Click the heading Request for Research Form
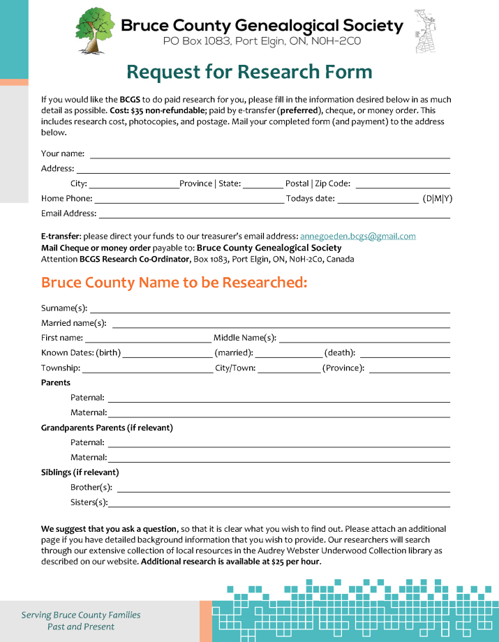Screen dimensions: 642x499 click(x=249, y=72)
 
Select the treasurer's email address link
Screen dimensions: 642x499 click(x=357, y=237)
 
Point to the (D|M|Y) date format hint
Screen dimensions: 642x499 click(x=437, y=199)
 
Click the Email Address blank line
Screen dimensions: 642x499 click(x=274, y=216)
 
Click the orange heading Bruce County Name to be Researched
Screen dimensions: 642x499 click(x=174, y=283)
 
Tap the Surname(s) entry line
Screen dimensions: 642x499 click(x=269, y=310)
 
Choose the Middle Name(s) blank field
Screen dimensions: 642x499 click(x=364, y=340)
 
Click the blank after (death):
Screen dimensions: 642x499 click(x=404, y=355)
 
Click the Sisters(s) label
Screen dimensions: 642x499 click(x=89, y=502)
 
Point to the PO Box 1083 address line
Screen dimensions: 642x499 click(x=262, y=41)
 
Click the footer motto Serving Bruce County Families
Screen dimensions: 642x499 click(x=81, y=615)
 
